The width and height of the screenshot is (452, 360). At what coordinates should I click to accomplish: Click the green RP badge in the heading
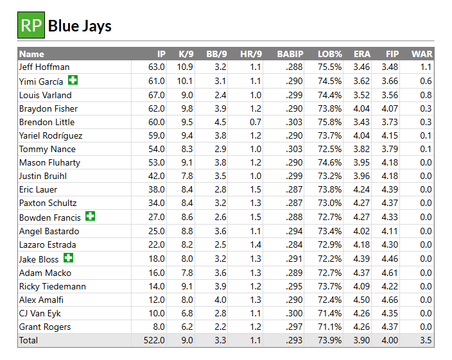(31, 25)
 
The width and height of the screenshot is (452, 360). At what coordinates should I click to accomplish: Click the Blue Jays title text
(80, 26)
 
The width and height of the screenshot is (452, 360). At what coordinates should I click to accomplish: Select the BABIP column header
(290, 54)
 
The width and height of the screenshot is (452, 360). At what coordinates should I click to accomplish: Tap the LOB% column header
(330, 54)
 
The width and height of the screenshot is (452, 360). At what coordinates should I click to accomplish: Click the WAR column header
(421, 54)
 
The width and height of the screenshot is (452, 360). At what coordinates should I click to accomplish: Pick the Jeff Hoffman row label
(44, 67)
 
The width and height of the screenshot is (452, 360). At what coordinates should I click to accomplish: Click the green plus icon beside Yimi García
(73, 80)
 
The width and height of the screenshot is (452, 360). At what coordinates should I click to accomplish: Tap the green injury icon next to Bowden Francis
(90, 216)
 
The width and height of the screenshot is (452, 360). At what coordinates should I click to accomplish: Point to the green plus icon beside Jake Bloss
(69, 258)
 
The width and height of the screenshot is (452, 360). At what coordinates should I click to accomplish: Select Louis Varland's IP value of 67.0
(156, 94)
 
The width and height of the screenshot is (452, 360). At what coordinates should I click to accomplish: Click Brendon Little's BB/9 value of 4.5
(219, 122)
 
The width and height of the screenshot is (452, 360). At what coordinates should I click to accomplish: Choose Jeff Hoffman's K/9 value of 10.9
(185, 67)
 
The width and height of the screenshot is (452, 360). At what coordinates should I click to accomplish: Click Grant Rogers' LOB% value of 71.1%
(330, 327)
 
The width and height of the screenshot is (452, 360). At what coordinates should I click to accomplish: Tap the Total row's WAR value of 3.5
(425, 340)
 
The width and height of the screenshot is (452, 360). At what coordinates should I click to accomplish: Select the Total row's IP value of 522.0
(153, 340)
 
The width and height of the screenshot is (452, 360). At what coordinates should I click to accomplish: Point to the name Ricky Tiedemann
(53, 286)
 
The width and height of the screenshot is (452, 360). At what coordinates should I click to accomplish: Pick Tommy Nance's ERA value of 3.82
(361, 150)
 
